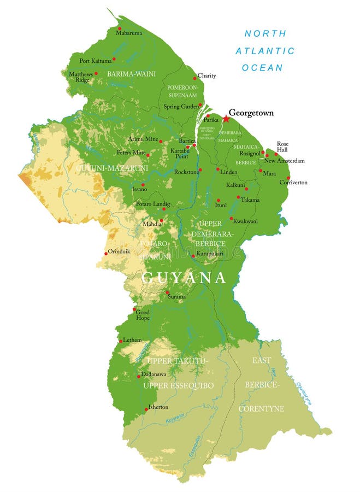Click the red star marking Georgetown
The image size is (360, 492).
[x=226, y=118]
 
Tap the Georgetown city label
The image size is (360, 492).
[x=251, y=113]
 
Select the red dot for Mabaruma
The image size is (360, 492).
[x=119, y=28]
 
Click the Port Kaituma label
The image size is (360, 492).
[x=96, y=61]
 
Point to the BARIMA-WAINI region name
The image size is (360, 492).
[x=131, y=74]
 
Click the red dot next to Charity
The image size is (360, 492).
[x=194, y=78]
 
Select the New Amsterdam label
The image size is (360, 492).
[x=284, y=161]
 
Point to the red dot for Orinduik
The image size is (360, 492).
[x=105, y=253]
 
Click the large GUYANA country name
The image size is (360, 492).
[x=184, y=278]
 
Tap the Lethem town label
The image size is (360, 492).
[x=132, y=340]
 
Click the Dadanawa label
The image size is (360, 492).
[x=154, y=374]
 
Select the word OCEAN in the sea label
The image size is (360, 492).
[x=263, y=68]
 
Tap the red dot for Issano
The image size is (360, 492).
[x=143, y=185]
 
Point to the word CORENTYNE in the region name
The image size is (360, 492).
[x=261, y=408]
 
